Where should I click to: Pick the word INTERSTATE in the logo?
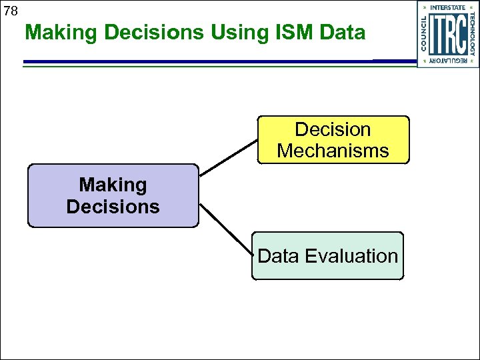click(x=448, y=7)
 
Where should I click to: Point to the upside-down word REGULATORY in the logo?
click(x=448, y=61)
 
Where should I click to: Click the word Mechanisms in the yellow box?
click(x=333, y=151)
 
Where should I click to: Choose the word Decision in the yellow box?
click(x=333, y=129)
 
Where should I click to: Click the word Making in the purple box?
click(x=113, y=185)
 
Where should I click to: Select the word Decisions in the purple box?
click(x=113, y=207)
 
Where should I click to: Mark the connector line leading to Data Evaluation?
click(x=227, y=231)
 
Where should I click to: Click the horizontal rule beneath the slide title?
click(x=200, y=62)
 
